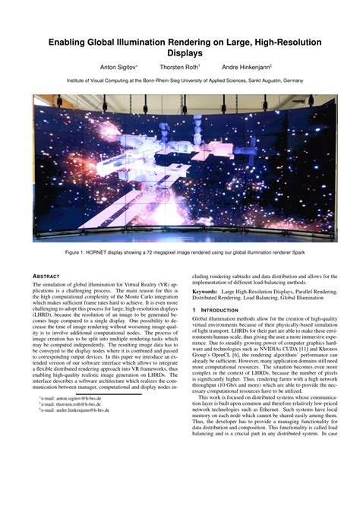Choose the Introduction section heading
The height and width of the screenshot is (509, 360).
(223, 310)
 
